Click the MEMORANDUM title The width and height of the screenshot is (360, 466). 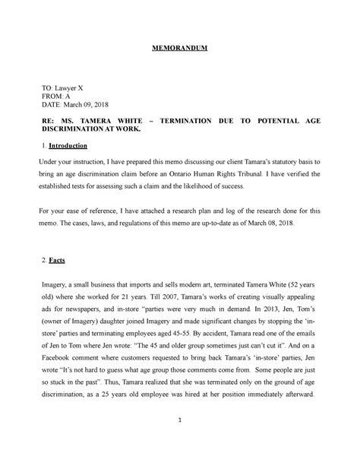tap(181, 49)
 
